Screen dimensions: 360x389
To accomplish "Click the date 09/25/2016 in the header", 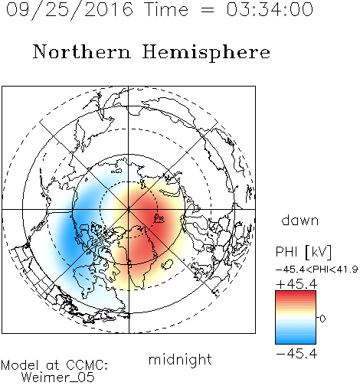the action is pyautogui.click(x=70, y=10).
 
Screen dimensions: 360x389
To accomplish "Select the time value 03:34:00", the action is pyautogui.click(x=270, y=9).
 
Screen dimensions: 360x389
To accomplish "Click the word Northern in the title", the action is pyautogui.click(x=82, y=51).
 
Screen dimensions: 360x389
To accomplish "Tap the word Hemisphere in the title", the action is pyautogui.click(x=206, y=53).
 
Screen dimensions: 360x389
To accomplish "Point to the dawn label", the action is pyautogui.click(x=300, y=220).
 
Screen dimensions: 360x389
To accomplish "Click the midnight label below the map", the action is pyautogui.click(x=180, y=359).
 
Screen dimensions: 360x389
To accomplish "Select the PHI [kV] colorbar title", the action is pyautogui.click(x=303, y=252).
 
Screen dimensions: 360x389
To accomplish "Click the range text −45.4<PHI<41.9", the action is pyautogui.click(x=317, y=270).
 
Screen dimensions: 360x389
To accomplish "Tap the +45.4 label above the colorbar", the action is pyautogui.click(x=296, y=284).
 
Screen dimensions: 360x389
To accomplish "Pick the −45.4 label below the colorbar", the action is pyautogui.click(x=296, y=354).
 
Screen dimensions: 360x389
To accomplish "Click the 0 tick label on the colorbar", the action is pyautogui.click(x=322, y=319).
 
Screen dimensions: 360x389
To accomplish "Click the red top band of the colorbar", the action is pyautogui.click(x=296, y=294).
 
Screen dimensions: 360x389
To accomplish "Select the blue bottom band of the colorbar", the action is pyautogui.click(x=296, y=340).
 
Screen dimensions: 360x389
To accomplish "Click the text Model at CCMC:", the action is pyautogui.click(x=54, y=365).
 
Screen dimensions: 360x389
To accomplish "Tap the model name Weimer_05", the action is pyautogui.click(x=58, y=378).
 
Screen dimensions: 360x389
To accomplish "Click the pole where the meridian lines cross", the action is pyautogui.click(x=129, y=209).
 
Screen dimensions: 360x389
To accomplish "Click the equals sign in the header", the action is pyautogui.click(x=208, y=10).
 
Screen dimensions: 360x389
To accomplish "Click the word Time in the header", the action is pyautogui.click(x=166, y=10).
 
